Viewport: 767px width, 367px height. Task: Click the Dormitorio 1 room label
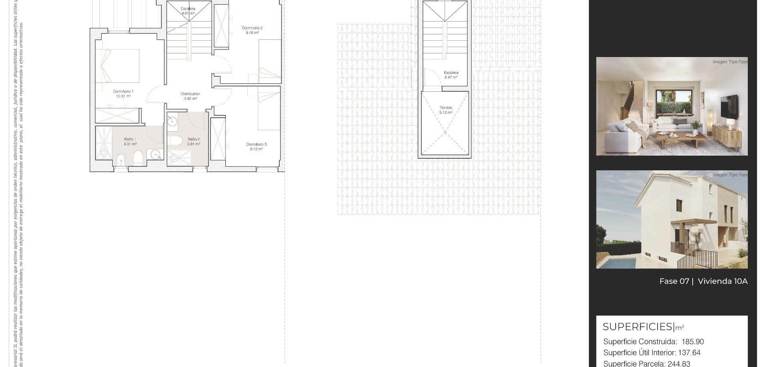(x=123, y=91)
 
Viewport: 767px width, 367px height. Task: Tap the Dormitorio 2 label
(x=252, y=28)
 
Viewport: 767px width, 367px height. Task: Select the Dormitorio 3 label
(x=256, y=144)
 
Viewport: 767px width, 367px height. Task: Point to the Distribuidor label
(x=190, y=94)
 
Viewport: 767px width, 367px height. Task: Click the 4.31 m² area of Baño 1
(x=130, y=144)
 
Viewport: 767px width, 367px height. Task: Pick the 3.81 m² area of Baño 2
(x=193, y=144)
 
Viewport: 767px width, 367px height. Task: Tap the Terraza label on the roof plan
(x=446, y=108)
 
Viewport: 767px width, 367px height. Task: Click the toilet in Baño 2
(x=175, y=140)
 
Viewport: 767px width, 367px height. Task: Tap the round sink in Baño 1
(x=155, y=154)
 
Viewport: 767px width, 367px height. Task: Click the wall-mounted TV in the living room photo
(x=729, y=107)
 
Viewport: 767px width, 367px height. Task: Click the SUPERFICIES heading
(x=638, y=327)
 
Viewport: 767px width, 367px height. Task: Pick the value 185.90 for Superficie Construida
(x=693, y=342)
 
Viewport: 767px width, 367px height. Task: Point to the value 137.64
(x=689, y=353)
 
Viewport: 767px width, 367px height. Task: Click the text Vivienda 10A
(x=722, y=281)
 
